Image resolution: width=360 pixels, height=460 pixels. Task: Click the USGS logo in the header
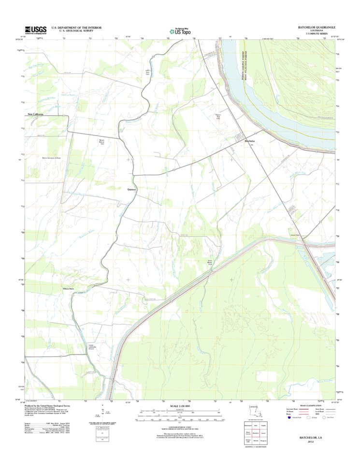click(x=36, y=30)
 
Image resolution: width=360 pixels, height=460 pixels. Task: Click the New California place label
click(x=35, y=114)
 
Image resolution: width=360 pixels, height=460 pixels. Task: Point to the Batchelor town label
click(x=249, y=141)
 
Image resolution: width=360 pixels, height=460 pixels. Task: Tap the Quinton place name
click(x=132, y=189)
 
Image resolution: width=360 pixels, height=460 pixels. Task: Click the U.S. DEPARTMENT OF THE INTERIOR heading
click(x=76, y=28)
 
